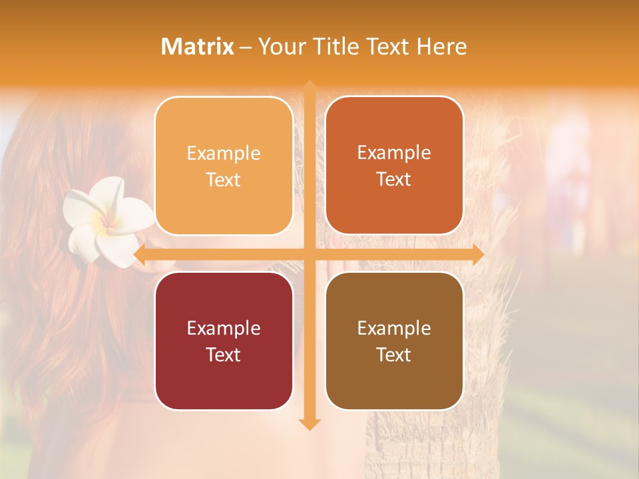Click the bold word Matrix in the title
point(198,47)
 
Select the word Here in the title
point(441,47)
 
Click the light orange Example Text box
point(224,166)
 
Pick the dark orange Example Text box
point(394,166)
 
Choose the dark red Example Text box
point(224,341)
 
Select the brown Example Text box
point(394,341)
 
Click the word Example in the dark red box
point(224,328)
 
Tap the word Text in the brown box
point(394,355)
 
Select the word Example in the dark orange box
point(394,152)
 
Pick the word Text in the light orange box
point(224,180)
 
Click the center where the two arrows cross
point(309,255)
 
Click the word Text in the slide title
point(387,47)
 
